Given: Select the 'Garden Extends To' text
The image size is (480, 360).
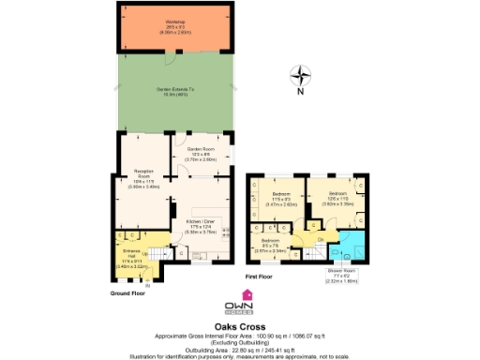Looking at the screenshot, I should click(x=174, y=92).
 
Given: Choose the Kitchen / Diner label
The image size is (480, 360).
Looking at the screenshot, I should click(x=200, y=224).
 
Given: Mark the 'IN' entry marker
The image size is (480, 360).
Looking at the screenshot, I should click(x=135, y=283).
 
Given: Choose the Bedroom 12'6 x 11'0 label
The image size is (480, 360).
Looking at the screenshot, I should click(x=337, y=197).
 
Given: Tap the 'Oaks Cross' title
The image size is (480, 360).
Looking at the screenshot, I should click(x=240, y=327).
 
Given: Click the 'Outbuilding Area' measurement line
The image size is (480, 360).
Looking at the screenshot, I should click(x=240, y=345).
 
